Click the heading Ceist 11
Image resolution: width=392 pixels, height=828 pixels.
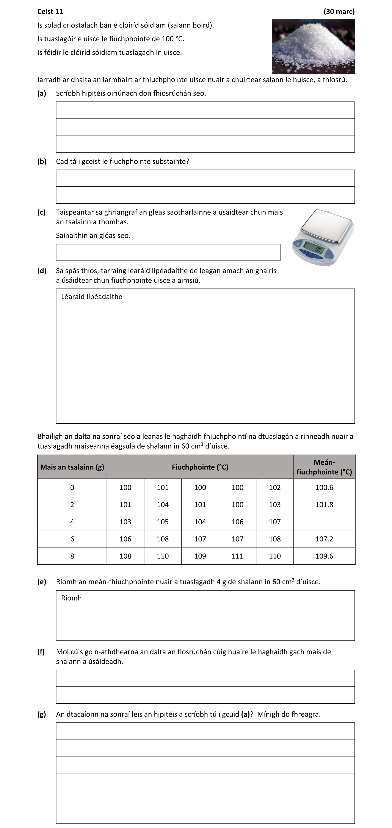(50, 12)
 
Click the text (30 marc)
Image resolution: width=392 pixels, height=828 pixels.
(339, 12)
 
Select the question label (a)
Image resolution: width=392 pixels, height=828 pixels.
(42, 93)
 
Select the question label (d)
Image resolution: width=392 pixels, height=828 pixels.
(42, 271)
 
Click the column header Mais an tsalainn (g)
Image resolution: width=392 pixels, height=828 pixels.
(72, 467)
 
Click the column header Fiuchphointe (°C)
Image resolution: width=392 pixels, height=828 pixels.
(200, 467)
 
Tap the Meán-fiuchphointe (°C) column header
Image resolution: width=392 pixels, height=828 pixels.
(324, 467)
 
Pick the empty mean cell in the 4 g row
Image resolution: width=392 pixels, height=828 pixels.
(324, 522)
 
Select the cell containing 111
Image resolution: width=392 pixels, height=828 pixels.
(238, 556)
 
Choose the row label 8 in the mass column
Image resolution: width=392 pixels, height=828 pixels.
(72, 556)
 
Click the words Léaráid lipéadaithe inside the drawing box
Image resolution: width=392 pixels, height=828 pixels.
(91, 297)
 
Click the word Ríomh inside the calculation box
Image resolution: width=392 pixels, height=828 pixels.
(71, 598)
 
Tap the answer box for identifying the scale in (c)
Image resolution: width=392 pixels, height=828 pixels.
(168, 252)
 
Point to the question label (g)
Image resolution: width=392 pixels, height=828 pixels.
(42, 714)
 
